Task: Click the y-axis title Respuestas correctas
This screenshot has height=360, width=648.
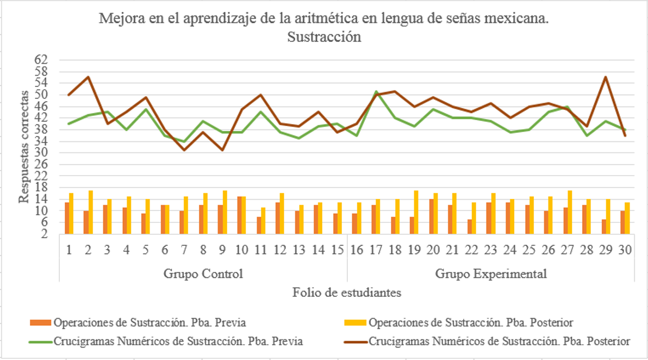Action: click(x=24, y=145)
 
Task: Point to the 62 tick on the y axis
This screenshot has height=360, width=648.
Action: click(x=42, y=59)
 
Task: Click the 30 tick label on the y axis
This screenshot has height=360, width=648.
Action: click(x=42, y=153)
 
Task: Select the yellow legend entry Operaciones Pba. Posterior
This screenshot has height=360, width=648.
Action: click(x=470, y=322)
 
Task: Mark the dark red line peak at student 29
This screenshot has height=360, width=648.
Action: click(x=606, y=77)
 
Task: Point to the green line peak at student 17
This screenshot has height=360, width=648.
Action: click(x=376, y=91)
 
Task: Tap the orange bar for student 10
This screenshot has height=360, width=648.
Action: click(x=239, y=215)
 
